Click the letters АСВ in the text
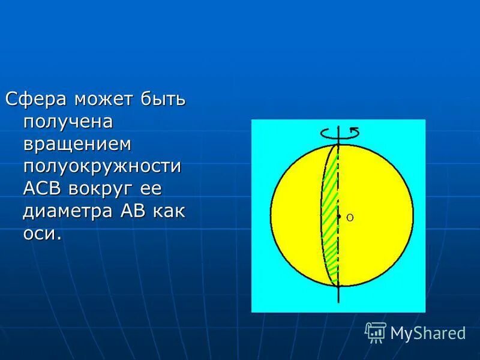point(43,188)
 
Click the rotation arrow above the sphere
point(339,133)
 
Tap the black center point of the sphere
point(338,216)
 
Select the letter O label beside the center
point(349,218)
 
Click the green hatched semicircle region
point(329,216)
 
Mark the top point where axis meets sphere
point(338,144)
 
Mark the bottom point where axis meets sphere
point(338,287)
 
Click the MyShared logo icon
point(376,332)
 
